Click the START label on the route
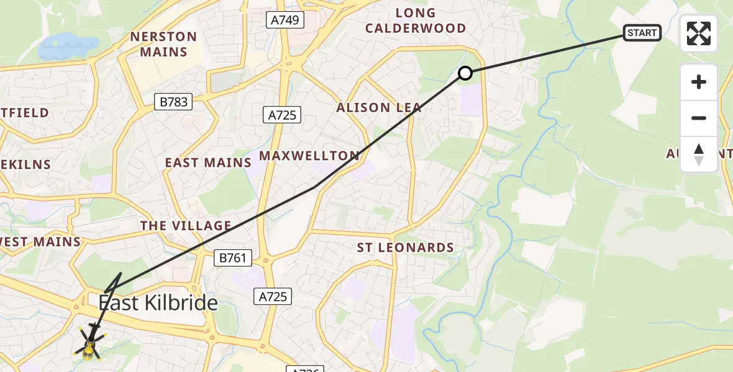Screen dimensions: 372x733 pos(642,33)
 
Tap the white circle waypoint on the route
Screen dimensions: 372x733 pos(465,74)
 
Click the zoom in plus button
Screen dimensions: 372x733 pos(699,82)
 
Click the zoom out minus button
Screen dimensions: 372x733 pos(699,118)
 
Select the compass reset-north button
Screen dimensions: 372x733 pos(699,154)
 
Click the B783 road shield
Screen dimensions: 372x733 pos(173,102)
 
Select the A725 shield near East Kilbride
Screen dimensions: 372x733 pos(273,296)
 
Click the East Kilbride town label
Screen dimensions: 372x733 pos(158,303)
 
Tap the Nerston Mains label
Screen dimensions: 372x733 pos(163,44)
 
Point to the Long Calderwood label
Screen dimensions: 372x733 pos(415,20)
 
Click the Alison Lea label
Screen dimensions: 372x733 pos(378,108)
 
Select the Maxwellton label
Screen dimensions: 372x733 pos(309,156)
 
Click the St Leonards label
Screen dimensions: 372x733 pos(405,248)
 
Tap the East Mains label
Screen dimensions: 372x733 pos(207,162)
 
